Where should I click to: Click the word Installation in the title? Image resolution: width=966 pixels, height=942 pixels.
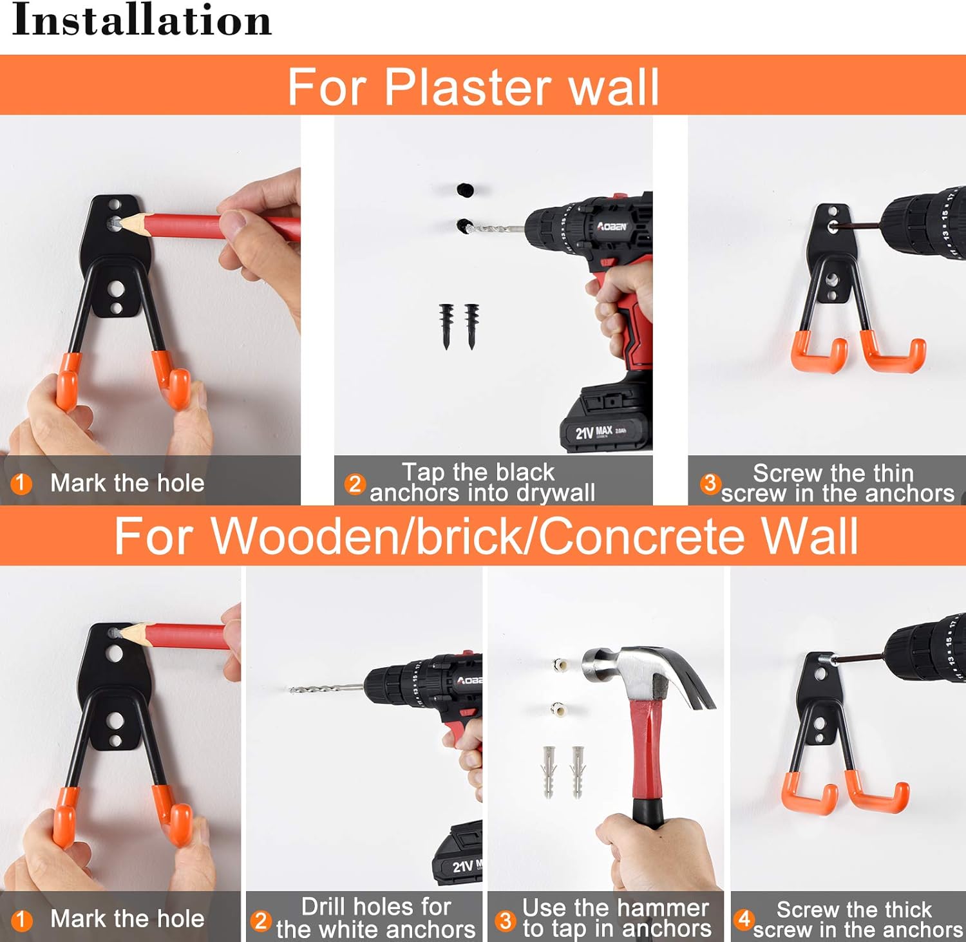(142, 20)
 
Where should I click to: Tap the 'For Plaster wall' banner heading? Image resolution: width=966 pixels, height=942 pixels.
(473, 87)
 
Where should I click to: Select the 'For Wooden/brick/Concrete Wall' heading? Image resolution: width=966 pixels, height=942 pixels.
(486, 535)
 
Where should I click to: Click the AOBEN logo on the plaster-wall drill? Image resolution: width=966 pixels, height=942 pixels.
(612, 227)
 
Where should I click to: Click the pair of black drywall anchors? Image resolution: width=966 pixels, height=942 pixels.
(459, 326)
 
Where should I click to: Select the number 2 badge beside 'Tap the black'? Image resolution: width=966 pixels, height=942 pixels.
(355, 483)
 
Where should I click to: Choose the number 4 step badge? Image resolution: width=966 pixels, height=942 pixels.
(744, 919)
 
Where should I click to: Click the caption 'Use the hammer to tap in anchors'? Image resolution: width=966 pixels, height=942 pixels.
(616, 918)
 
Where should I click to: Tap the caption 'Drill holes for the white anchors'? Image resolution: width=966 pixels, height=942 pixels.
(375, 918)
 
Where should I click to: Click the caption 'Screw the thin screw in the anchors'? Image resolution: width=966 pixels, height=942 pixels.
(837, 483)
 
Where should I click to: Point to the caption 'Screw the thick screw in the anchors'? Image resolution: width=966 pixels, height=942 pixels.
(857, 919)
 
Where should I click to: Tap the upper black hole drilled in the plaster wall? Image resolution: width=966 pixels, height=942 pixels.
(465, 190)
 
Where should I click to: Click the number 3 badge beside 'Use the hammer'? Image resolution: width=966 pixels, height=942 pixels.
(506, 920)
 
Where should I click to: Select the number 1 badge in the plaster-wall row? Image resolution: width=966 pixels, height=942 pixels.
(21, 483)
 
